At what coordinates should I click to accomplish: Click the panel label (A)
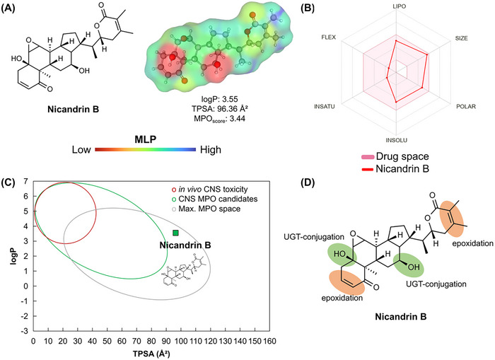click(x=14, y=11)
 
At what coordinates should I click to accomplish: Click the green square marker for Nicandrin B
click(x=175, y=233)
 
